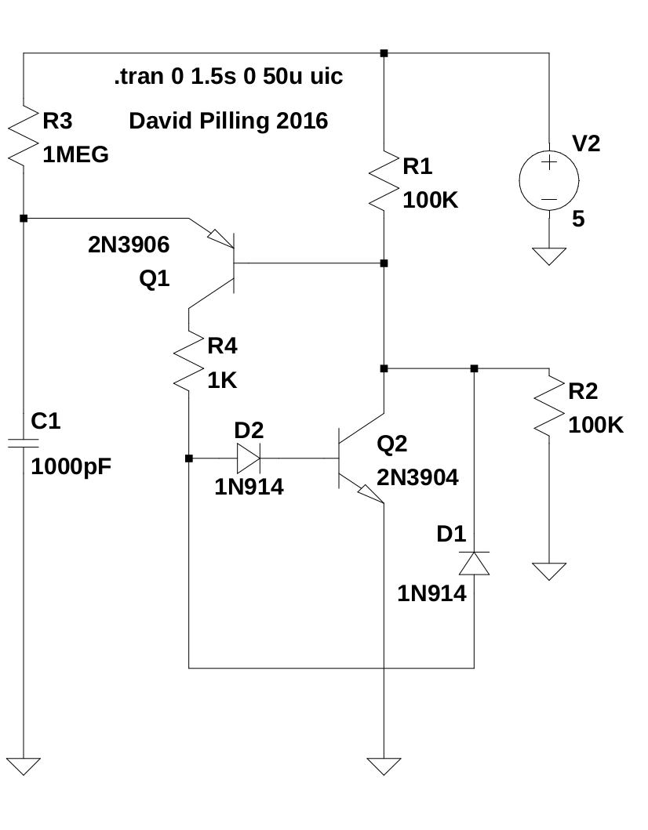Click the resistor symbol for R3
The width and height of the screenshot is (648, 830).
click(x=24, y=135)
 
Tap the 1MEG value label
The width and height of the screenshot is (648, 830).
click(x=75, y=155)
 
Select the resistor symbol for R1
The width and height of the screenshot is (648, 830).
click(x=384, y=181)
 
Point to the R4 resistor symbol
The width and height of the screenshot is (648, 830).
click(x=189, y=361)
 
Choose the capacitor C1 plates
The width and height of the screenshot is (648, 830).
click(x=24, y=444)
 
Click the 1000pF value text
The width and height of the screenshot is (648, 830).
click(x=71, y=468)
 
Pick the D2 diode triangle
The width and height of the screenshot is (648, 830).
click(x=249, y=458)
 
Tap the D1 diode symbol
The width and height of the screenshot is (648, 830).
click(x=474, y=563)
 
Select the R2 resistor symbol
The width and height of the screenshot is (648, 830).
click(x=548, y=407)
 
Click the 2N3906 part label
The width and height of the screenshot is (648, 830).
click(x=129, y=245)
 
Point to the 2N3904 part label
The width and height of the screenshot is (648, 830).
click(x=417, y=477)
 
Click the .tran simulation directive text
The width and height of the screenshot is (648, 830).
click(x=228, y=78)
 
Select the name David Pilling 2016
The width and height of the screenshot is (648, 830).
click(x=228, y=121)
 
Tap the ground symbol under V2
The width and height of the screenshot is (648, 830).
click(x=548, y=256)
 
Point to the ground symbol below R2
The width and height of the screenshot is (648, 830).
click(x=548, y=571)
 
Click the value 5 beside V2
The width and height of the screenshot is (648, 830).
click(x=578, y=219)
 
